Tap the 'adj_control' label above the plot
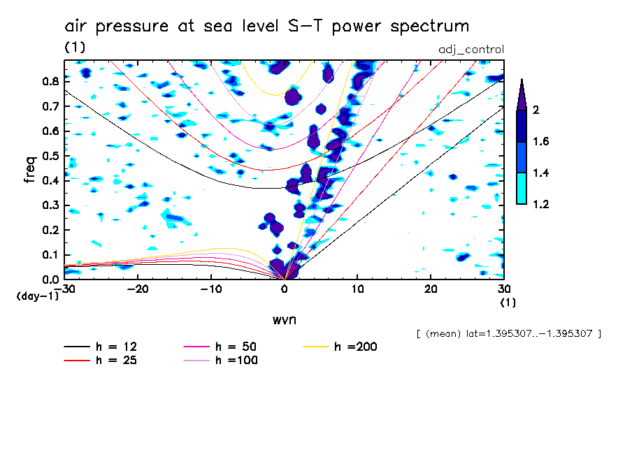(471, 50)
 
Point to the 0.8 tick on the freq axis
(50, 81)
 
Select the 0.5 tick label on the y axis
(50, 156)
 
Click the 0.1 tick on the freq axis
(50, 255)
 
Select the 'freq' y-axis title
(30, 170)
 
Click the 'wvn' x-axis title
(284, 319)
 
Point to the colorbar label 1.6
(540, 142)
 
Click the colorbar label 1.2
(540, 204)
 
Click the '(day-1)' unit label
(37, 296)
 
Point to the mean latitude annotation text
(508, 333)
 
